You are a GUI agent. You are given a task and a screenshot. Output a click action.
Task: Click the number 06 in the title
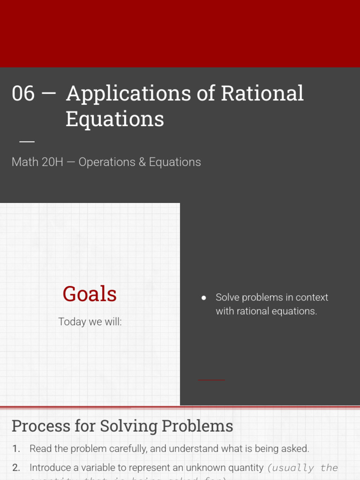click(23, 94)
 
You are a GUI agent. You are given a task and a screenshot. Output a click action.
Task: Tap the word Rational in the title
click(262, 94)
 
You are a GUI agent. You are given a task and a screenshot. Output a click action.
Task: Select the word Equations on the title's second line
click(115, 119)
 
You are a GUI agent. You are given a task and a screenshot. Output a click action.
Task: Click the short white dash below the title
click(27, 141)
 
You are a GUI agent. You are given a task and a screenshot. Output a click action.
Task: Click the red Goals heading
click(90, 294)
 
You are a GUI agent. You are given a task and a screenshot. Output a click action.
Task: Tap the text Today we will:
click(90, 322)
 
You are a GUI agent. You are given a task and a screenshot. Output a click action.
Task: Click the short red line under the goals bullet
click(211, 380)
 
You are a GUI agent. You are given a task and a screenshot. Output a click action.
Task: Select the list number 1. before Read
click(16, 449)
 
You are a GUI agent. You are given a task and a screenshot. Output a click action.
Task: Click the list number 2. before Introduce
click(16, 467)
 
